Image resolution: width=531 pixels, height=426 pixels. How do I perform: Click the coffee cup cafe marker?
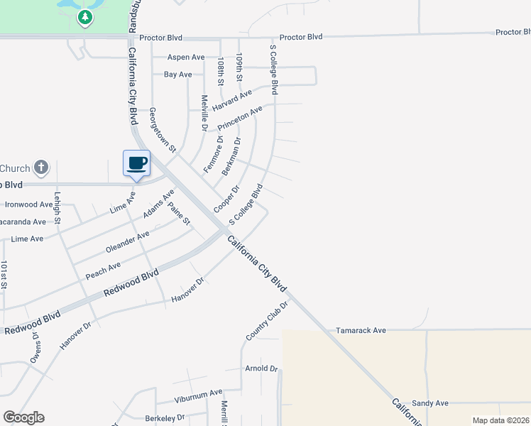point(136,163)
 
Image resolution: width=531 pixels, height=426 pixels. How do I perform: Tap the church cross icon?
point(41,168)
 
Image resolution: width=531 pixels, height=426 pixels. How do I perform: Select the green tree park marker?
point(85,17)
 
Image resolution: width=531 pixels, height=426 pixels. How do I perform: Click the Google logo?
point(23,417)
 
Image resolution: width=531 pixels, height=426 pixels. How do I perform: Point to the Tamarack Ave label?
point(361,330)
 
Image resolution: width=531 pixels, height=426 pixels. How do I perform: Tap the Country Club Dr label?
point(266,320)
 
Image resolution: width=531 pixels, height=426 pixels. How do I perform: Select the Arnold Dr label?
point(261,368)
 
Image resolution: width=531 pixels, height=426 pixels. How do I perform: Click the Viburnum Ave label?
point(199,391)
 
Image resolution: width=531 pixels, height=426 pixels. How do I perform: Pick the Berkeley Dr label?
point(165,417)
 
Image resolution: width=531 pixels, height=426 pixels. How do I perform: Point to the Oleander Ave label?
point(127,241)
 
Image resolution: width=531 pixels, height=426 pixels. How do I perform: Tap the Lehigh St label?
point(58,209)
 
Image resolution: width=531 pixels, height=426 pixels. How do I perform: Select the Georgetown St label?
point(162,131)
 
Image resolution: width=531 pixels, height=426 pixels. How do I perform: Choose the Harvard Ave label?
point(232,99)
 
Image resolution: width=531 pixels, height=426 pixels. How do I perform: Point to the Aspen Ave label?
point(186,57)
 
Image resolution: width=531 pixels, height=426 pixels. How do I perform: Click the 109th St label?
point(240,67)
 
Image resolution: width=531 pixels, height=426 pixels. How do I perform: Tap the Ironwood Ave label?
point(29,204)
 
